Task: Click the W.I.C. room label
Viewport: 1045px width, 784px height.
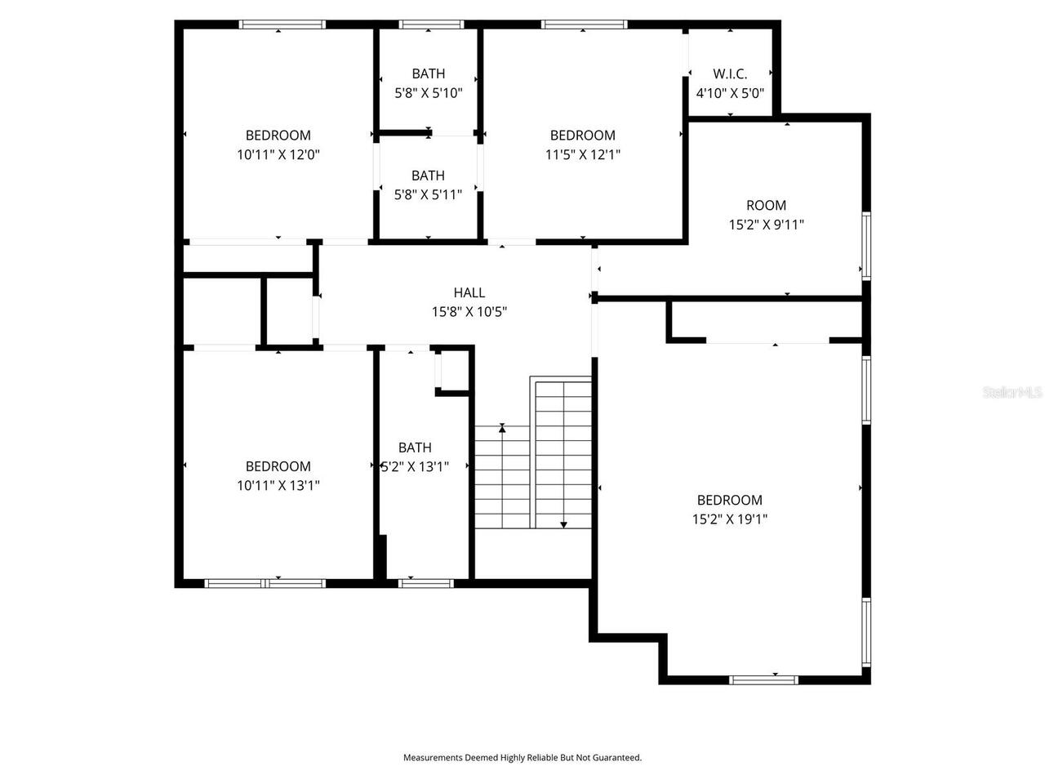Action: pyautogui.click(x=729, y=73)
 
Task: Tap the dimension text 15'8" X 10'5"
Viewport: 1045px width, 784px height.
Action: pyautogui.click(x=469, y=311)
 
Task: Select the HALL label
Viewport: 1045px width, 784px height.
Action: pyautogui.click(x=469, y=292)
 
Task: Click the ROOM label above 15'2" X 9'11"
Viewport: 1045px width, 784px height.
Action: pyautogui.click(x=766, y=206)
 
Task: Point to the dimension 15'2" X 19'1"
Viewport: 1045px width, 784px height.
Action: pyautogui.click(x=729, y=519)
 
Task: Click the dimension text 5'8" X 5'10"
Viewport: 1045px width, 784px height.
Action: pyautogui.click(x=429, y=93)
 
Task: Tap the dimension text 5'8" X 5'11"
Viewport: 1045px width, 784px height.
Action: pyautogui.click(x=428, y=194)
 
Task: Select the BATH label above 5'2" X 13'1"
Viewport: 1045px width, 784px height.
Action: pyautogui.click(x=415, y=448)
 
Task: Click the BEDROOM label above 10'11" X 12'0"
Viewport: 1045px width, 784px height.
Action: pyautogui.click(x=278, y=136)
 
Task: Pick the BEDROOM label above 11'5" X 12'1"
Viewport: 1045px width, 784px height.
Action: pyautogui.click(x=582, y=136)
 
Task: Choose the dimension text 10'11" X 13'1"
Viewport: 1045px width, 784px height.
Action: pyautogui.click(x=278, y=485)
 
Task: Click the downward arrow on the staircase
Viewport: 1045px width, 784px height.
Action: pyautogui.click(x=563, y=524)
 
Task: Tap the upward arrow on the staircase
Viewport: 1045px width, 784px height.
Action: pyautogui.click(x=502, y=427)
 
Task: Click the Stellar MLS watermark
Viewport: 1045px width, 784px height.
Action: pyautogui.click(x=1012, y=393)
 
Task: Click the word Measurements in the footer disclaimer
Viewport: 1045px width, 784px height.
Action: pyautogui.click(x=433, y=758)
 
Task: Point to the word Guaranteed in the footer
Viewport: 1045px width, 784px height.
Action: pyautogui.click(x=620, y=758)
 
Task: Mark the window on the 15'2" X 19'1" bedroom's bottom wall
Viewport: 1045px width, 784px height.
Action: pyautogui.click(x=763, y=679)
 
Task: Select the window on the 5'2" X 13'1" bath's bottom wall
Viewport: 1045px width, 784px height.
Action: pyautogui.click(x=425, y=583)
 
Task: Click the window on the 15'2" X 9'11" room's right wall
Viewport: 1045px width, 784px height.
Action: pyautogui.click(x=866, y=245)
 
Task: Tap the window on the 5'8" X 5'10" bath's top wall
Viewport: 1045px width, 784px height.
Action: pyautogui.click(x=431, y=24)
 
